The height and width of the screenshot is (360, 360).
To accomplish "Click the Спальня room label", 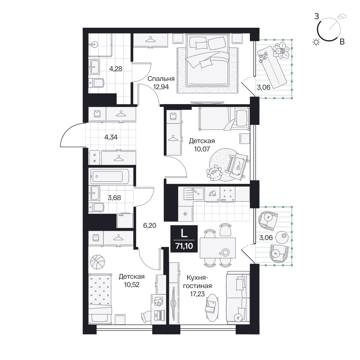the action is pos(161,79).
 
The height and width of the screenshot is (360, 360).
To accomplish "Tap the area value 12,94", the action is pos(161,87).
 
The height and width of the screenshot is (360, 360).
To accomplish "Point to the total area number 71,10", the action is pos(184,246).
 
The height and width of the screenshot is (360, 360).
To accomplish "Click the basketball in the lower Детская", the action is pos(98,261).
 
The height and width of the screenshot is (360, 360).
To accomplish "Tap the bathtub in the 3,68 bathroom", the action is pos(110,176).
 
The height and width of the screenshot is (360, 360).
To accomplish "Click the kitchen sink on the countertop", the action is pos(194,194).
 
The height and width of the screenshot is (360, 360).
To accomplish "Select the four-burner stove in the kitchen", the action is pos(228,195).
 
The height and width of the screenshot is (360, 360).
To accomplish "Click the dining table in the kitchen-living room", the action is pos(218,248).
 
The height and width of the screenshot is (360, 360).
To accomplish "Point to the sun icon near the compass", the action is pos(316,42).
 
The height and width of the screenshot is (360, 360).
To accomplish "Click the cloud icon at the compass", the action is pos(342,16).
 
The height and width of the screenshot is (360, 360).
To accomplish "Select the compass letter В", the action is pos(342,42).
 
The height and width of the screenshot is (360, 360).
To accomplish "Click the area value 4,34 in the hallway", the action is pos(111,137).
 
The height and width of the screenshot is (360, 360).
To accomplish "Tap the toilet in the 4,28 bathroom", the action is pos(96,83).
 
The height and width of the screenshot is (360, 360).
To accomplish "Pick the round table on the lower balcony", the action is pos(282,237).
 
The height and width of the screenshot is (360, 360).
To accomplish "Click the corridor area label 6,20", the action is pos(150,225).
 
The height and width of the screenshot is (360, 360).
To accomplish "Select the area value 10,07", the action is pos(202,149).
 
